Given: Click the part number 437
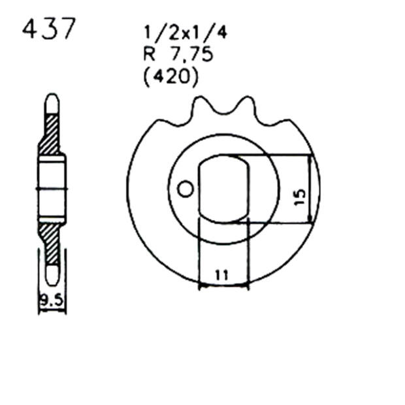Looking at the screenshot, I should point(50,29).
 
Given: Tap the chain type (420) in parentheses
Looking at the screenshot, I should point(170,77).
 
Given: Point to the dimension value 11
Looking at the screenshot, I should point(222,275).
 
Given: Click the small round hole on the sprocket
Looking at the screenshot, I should point(186,189).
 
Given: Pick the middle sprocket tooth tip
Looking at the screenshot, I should point(246,99).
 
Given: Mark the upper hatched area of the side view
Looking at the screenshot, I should point(51,135).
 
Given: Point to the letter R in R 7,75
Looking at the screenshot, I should point(148,55).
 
